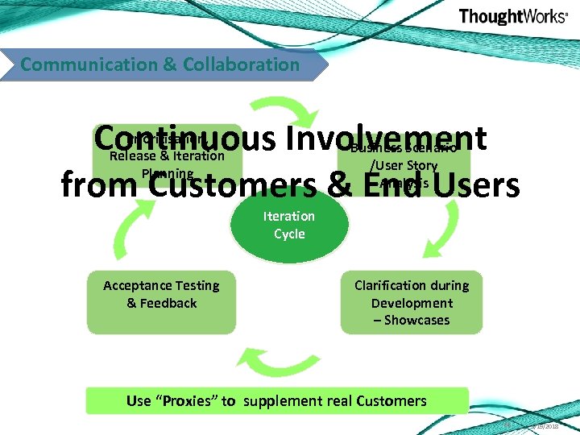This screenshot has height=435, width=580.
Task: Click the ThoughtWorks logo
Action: pyautogui.click(x=512, y=17)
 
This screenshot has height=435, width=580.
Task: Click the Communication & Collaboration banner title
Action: pyautogui.click(x=159, y=64)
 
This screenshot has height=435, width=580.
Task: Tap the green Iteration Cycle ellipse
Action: pyautogui.click(x=289, y=225)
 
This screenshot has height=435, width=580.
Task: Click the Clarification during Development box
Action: pyautogui.click(x=411, y=302)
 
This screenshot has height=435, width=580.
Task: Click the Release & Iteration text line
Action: pyautogui.click(x=167, y=155)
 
